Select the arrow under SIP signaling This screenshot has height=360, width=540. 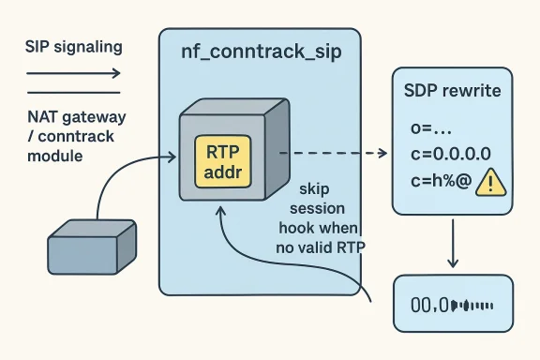73,73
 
